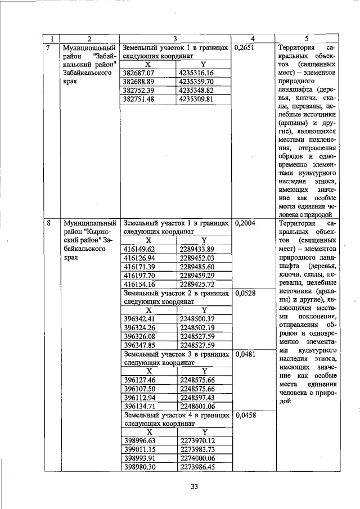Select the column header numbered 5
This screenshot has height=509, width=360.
tap(307, 38)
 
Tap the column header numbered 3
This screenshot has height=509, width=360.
tap(175, 38)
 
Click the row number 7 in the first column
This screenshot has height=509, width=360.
tap(49, 48)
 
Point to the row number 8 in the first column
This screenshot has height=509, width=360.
tap(49, 223)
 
